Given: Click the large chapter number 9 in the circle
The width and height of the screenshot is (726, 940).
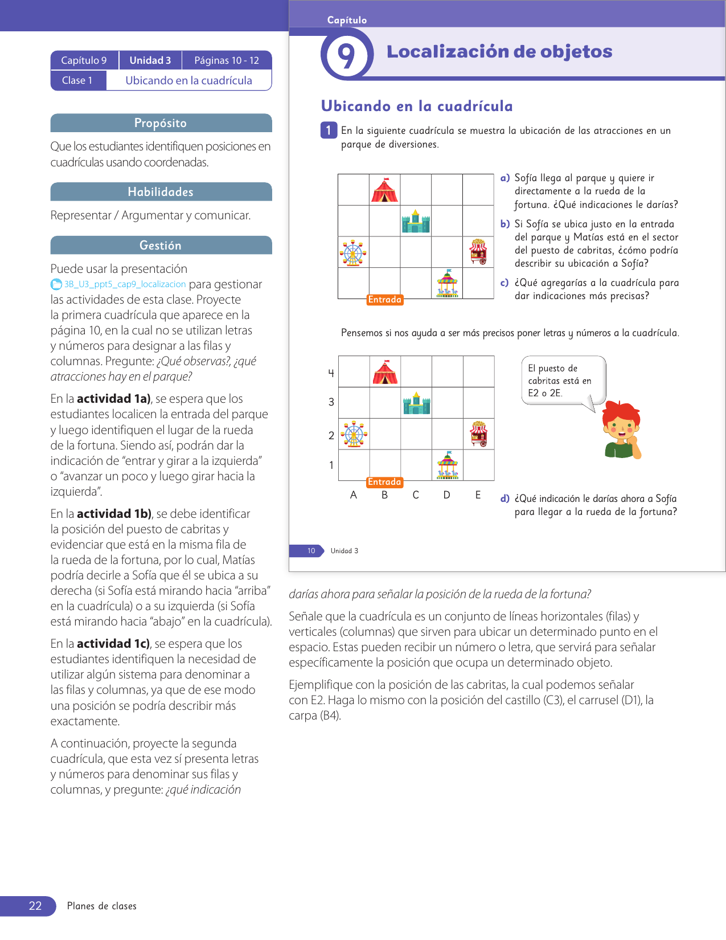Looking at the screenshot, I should pos(346,56).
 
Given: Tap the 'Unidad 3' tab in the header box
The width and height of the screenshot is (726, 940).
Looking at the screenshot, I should pos(150,60).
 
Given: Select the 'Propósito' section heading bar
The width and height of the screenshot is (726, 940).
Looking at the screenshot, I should pos(161,123).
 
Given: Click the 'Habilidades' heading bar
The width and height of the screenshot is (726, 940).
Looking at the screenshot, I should pos(161,192).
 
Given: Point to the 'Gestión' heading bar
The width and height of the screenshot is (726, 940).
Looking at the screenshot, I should pos(161,246).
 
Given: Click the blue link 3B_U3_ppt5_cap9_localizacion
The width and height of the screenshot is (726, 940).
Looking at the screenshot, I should pos(124,284).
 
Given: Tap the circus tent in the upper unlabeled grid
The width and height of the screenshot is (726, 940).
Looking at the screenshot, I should pos(384,190).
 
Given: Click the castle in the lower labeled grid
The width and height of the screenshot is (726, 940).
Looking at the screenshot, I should pos(416,403).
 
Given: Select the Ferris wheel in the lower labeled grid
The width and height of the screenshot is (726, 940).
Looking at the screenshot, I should pos(354,435).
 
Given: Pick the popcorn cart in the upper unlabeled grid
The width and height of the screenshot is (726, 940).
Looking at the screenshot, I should pos(478,252).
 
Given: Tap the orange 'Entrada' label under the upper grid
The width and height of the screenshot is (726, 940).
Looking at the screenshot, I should pos(385,300).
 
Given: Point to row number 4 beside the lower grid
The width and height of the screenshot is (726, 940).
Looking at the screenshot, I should pos(331,373).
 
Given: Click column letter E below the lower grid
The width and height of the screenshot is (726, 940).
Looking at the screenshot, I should pos(478,495).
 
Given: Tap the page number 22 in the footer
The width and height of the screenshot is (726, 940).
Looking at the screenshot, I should pos(35,906).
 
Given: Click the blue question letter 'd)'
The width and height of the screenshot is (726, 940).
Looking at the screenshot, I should pos(505,499).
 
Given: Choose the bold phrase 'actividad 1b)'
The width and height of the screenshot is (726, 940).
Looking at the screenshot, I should pos(114,514).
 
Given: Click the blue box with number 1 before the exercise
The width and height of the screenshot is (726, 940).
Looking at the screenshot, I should pos(329,130).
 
